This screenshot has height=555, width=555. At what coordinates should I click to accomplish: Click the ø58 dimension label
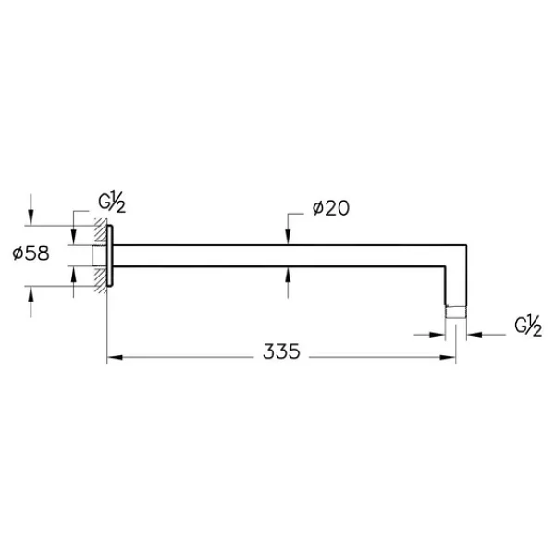[x=31, y=253]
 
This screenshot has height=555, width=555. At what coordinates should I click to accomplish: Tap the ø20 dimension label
[x=331, y=208]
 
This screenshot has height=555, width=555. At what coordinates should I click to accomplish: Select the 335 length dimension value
[x=281, y=351]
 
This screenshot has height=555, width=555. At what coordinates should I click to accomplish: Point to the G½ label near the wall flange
[x=112, y=202]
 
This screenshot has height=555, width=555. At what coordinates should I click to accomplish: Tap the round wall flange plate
[x=110, y=255]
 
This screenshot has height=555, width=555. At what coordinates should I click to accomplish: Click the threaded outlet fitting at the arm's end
[x=456, y=312]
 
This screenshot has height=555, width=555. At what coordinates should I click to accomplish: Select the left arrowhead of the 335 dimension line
[x=115, y=357]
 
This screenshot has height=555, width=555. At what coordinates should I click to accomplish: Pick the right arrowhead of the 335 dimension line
[x=448, y=357]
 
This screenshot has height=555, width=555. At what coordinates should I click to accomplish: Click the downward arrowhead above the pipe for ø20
[x=288, y=237]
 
